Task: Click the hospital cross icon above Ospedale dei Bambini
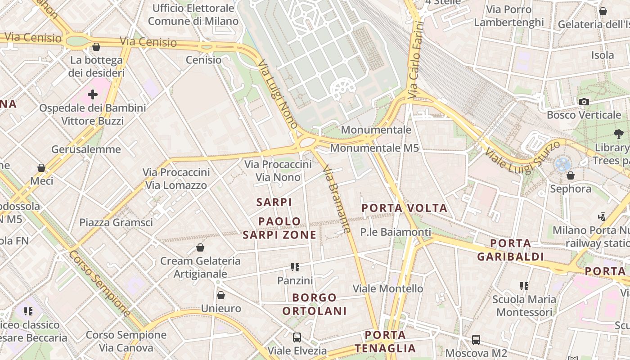point(93,94)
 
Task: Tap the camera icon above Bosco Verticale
point(584,102)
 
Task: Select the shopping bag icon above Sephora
point(571,175)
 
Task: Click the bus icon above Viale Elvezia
point(297,337)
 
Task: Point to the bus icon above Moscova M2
point(476,340)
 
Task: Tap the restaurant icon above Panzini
point(295,267)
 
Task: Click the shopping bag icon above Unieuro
point(221,295)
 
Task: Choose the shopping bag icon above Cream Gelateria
point(200,247)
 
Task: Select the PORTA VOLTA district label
point(405,208)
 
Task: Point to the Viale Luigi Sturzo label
point(522,157)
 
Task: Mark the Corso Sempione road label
point(100,283)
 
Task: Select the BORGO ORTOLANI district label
point(315,304)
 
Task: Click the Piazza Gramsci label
point(116,222)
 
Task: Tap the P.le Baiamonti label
point(396,232)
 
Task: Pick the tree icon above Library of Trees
point(619,134)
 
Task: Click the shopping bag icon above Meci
point(41,168)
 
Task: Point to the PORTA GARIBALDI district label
point(510,250)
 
